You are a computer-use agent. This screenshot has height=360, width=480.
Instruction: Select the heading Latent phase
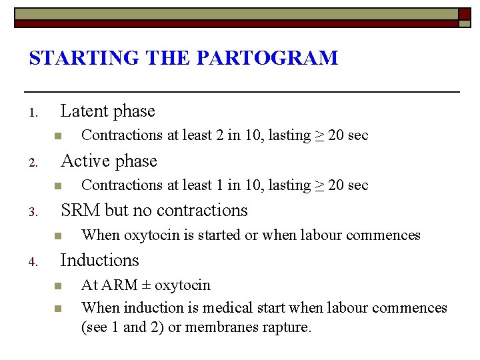coord(107,111)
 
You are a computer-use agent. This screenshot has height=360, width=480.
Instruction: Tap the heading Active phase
coord(109,161)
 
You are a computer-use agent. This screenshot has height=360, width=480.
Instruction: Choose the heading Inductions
coord(99,260)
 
